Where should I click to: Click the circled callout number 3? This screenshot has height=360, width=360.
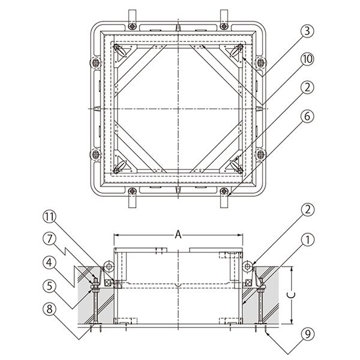click(307, 31)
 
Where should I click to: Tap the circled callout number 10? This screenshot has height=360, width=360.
click(307, 59)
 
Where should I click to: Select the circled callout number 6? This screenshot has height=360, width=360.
click(307, 116)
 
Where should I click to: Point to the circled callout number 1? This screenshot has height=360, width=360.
click(307, 240)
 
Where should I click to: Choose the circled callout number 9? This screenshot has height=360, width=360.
click(307, 334)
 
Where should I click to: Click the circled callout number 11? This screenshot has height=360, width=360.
click(50, 217)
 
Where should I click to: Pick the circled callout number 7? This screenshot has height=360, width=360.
click(50, 239)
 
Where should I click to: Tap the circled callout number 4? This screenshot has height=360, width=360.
click(50, 262)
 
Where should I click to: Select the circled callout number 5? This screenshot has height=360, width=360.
click(50, 286)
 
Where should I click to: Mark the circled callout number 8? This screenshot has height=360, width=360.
click(50, 309)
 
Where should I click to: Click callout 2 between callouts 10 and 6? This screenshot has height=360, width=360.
click(307, 88)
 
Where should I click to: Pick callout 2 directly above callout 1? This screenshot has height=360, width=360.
click(307, 209)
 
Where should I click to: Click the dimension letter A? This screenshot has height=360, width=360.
click(178, 235)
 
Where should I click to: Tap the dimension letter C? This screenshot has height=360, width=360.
click(292, 295)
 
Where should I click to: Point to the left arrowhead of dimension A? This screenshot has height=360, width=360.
click(116, 235)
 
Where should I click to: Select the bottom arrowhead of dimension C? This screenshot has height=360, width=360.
click(292, 322)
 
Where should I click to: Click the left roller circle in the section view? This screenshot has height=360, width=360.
click(109, 266)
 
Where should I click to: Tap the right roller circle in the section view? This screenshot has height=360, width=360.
click(248, 266)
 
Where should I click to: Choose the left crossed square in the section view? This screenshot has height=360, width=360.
click(107, 283)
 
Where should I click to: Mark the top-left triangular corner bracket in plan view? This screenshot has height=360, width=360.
click(125, 53)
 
